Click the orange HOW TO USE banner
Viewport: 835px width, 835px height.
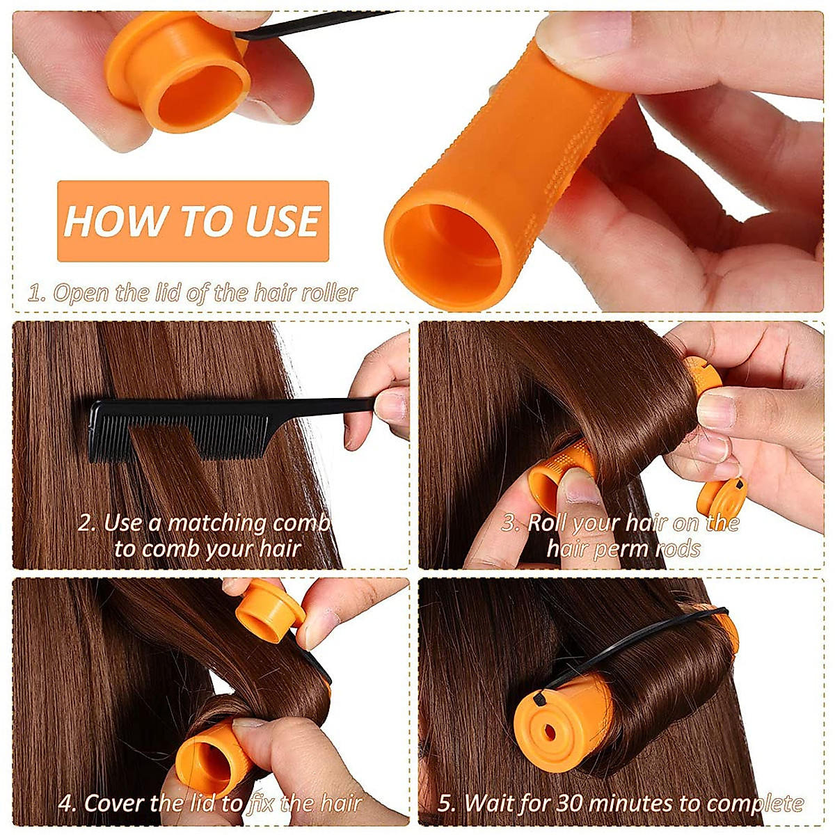click(193, 221)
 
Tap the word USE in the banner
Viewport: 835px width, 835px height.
click(282, 221)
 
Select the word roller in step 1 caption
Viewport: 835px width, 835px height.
click(329, 293)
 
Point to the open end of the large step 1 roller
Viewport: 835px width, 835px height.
click(445, 257)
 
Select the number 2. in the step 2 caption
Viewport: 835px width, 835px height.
click(87, 523)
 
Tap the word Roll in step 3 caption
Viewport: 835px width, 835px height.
click(549, 523)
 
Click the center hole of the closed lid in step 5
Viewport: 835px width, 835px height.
click(549, 731)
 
